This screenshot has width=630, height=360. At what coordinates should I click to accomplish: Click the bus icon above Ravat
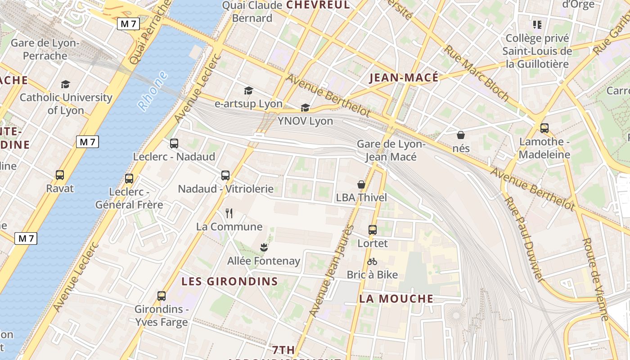click(60, 175)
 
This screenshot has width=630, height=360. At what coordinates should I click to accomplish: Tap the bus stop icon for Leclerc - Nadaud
click(174, 144)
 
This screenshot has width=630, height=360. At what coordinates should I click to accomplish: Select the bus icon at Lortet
click(373, 229)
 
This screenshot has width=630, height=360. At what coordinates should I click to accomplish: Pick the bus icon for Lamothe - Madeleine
click(544, 128)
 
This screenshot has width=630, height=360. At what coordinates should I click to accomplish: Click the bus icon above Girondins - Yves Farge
click(162, 296)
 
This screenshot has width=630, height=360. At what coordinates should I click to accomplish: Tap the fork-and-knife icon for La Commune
click(229, 213)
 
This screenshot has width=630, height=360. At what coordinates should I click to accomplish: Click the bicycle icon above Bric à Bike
click(372, 261)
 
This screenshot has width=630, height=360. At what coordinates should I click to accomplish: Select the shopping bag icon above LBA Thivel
click(361, 184)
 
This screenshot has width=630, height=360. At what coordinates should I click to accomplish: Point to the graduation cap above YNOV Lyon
click(306, 108)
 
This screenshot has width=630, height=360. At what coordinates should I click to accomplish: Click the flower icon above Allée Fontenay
click(264, 247)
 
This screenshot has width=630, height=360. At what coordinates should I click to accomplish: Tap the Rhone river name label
click(153, 91)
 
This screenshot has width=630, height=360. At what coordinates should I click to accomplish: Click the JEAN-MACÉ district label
click(404, 78)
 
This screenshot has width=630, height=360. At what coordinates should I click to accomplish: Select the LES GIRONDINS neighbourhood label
click(229, 282)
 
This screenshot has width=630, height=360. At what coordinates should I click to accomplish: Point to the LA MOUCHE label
click(396, 299)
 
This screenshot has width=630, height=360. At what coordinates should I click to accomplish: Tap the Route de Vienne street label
click(595, 279)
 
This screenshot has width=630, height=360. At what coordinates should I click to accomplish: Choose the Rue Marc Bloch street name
click(477, 73)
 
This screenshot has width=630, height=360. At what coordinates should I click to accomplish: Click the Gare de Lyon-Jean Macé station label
click(391, 150)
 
